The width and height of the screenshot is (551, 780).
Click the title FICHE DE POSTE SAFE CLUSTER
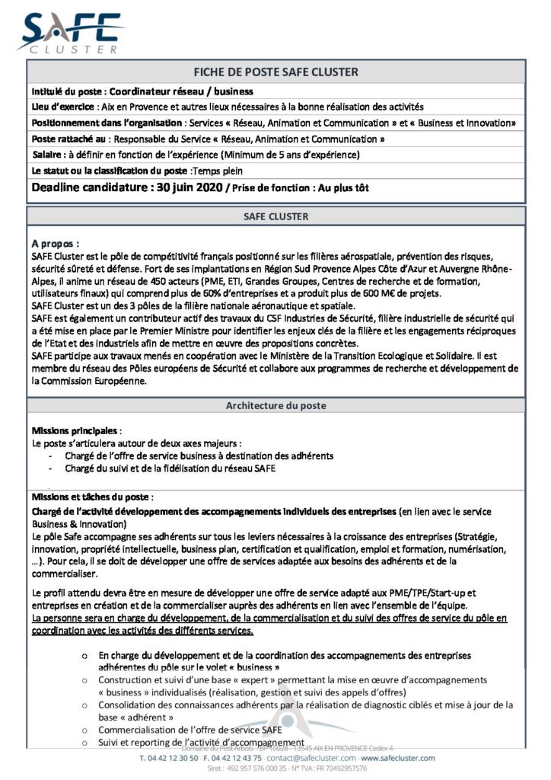[x=275, y=72]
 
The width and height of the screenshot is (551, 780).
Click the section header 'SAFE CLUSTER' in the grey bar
[x=275, y=216]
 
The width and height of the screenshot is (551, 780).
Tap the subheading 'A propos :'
[x=56, y=244]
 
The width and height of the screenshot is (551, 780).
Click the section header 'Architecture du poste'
[x=275, y=405]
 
